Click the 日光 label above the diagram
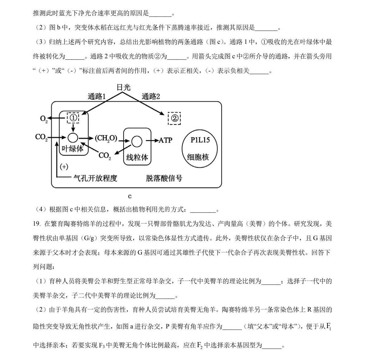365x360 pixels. (x=123, y=87)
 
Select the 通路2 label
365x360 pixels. (x=151, y=97)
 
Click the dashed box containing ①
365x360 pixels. (x=73, y=117)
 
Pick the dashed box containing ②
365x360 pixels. (x=174, y=118)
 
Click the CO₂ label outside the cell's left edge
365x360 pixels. (x=41, y=137)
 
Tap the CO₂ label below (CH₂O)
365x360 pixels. (x=105, y=156)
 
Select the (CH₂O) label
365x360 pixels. (x=106, y=139)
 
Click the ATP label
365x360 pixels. (x=166, y=140)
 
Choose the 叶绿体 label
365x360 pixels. (x=72, y=149)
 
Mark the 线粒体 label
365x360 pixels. (x=137, y=157)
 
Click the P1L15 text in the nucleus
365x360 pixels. (x=200, y=140)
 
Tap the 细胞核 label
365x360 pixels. (x=198, y=157)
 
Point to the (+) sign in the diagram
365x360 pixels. (x=64, y=167)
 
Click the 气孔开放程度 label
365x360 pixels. (x=95, y=178)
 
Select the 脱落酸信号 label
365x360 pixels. (x=164, y=178)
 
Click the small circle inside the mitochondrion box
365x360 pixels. (x=137, y=141)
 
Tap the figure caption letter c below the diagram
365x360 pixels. (x=130, y=196)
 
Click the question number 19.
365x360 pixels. (x=37, y=224)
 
